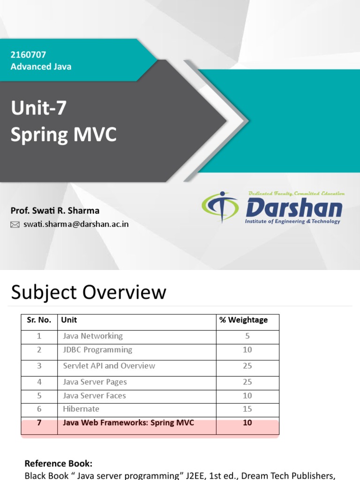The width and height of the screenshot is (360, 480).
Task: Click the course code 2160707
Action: tap(28, 55)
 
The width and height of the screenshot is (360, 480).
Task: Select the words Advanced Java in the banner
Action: tap(41, 67)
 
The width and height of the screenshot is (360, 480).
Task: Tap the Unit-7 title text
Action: tap(38, 108)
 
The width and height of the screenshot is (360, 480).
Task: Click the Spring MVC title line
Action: tap(63, 135)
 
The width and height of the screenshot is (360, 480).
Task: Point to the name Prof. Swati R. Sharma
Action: tap(55, 210)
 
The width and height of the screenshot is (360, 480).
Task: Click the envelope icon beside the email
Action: tap(15, 225)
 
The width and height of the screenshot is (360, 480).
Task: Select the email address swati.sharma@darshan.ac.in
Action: tap(76, 224)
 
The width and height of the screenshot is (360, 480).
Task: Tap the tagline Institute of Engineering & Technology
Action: tap(292, 221)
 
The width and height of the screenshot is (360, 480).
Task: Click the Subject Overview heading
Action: tap(89, 292)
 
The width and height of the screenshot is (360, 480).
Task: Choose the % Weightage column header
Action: tap(243, 320)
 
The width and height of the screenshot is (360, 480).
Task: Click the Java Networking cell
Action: tap(93, 336)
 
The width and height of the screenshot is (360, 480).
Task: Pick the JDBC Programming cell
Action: tap(97, 350)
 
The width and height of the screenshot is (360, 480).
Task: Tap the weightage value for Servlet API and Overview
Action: tap(247, 366)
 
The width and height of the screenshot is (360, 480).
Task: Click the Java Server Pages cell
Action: tap(95, 382)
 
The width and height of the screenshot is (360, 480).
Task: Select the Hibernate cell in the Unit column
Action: tap(81, 409)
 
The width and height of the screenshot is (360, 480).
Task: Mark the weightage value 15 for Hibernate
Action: tap(247, 409)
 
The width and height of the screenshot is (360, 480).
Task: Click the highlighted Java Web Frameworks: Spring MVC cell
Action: tap(128, 423)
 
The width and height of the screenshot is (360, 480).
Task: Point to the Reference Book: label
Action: tap(58, 464)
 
